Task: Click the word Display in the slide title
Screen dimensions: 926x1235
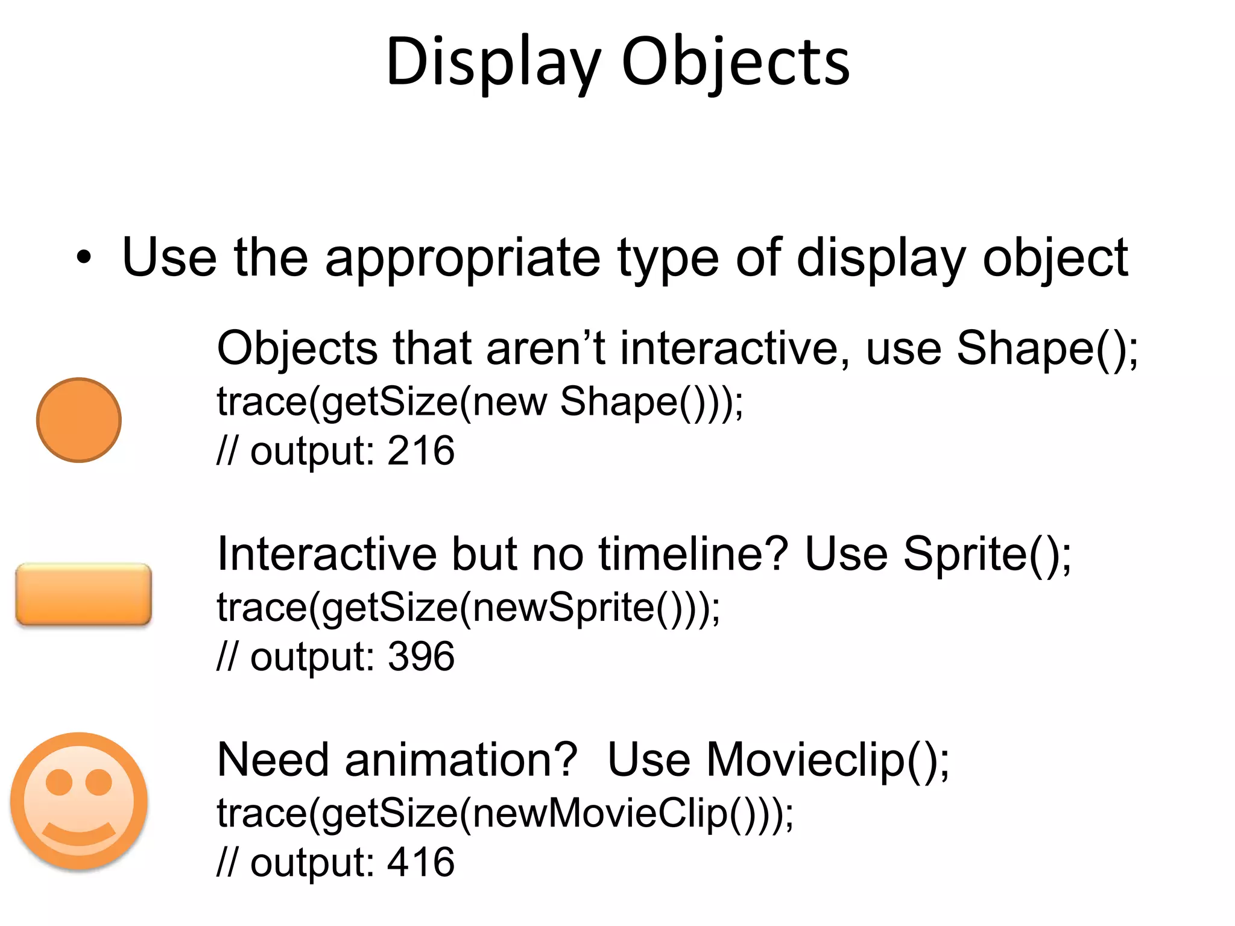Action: coord(493,62)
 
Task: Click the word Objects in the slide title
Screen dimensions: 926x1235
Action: coord(735,62)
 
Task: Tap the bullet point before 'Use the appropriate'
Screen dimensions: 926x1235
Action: coord(84,259)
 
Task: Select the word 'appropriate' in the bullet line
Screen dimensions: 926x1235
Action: coord(463,259)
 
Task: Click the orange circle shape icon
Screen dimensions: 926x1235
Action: coord(79,420)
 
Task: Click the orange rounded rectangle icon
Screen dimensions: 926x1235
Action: coord(83,594)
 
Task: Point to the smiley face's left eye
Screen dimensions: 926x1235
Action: coord(60,782)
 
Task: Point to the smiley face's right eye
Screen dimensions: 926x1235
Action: coord(99,782)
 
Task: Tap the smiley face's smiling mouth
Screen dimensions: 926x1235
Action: coord(79,835)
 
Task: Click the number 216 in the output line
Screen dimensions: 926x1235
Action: coord(421,450)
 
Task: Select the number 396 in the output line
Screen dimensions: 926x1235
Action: coord(421,656)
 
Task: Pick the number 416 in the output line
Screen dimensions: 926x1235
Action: coord(421,861)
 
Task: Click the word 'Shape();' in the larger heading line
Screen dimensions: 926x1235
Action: coord(1047,348)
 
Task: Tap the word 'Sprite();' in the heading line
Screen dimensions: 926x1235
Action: coord(987,554)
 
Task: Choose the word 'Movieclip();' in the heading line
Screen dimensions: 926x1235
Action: coord(828,760)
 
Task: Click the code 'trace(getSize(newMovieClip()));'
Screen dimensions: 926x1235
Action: coord(505,813)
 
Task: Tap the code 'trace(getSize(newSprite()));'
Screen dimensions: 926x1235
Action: coord(469,607)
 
